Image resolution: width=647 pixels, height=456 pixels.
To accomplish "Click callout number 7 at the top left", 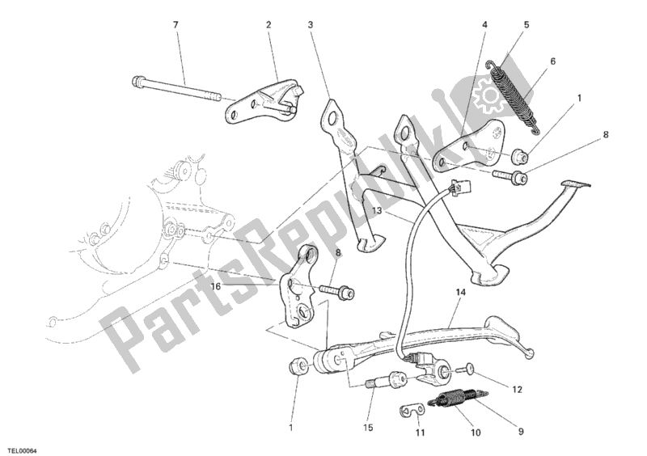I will click(175, 25).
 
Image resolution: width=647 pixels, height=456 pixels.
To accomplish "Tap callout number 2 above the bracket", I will click(268, 25).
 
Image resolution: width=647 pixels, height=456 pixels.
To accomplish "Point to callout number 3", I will click(310, 25).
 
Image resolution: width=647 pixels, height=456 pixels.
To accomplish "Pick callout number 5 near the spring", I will click(526, 25).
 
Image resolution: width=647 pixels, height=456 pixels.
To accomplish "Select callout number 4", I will click(485, 25).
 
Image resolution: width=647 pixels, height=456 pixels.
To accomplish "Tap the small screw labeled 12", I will click(467, 369).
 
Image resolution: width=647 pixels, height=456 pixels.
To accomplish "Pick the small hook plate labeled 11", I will click(412, 412).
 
